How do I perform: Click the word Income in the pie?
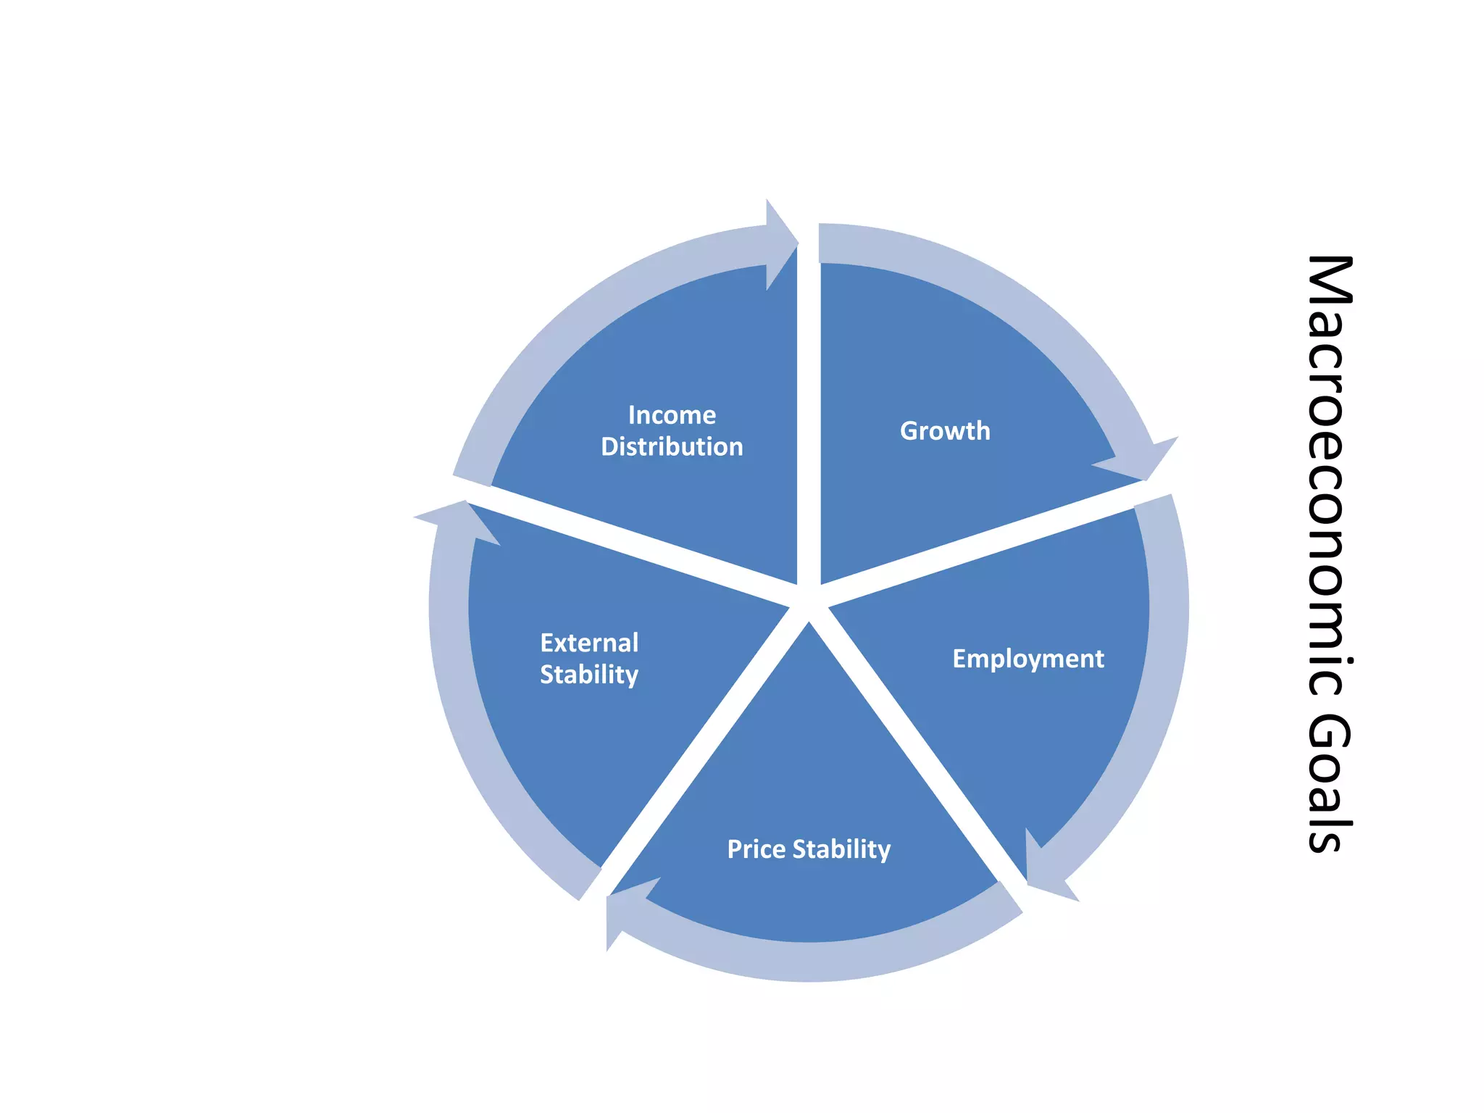(x=672, y=415)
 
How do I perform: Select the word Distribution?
(x=672, y=447)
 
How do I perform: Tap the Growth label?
(x=945, y=431)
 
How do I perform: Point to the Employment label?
(x=1028, y=659)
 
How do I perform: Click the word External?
(x=589, y=643)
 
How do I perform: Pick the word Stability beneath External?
(x=589, y=675)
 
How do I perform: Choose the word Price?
(x=756, y=849)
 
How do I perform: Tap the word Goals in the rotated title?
(x=1330, y=783)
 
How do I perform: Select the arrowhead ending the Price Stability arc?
(x=623, y=910)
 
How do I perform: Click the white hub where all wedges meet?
(x=809, y=601)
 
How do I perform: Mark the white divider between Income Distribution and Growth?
(x=809, y=420)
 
